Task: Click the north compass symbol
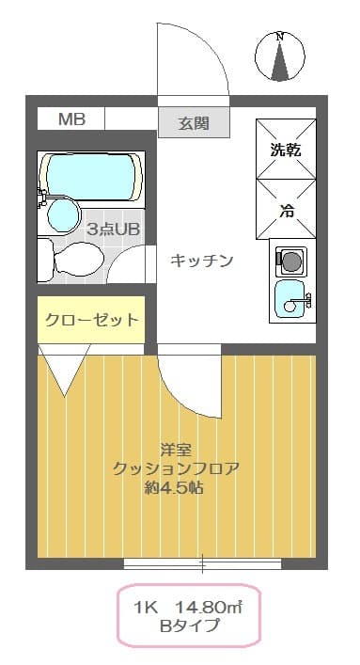click(278, 55)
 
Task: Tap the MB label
click(70, 119)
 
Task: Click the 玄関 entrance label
click(194, 123)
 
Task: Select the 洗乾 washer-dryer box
click(286, 148)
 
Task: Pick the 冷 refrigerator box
click(286, 209)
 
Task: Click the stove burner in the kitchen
click(291, 258)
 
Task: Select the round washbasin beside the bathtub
click(62, 214)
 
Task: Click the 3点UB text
click(113, 229)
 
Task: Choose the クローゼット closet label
click(91, 320)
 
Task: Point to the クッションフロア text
click(176, 468)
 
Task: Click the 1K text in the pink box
click(146, 607)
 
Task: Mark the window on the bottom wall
click(202, 563)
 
